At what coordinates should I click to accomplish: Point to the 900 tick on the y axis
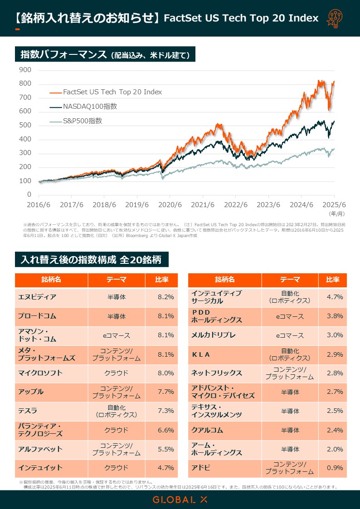click(25, 70)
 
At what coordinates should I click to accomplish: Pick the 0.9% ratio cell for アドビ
click(335, 468)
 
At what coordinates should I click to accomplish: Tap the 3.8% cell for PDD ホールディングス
click(335, 316)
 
